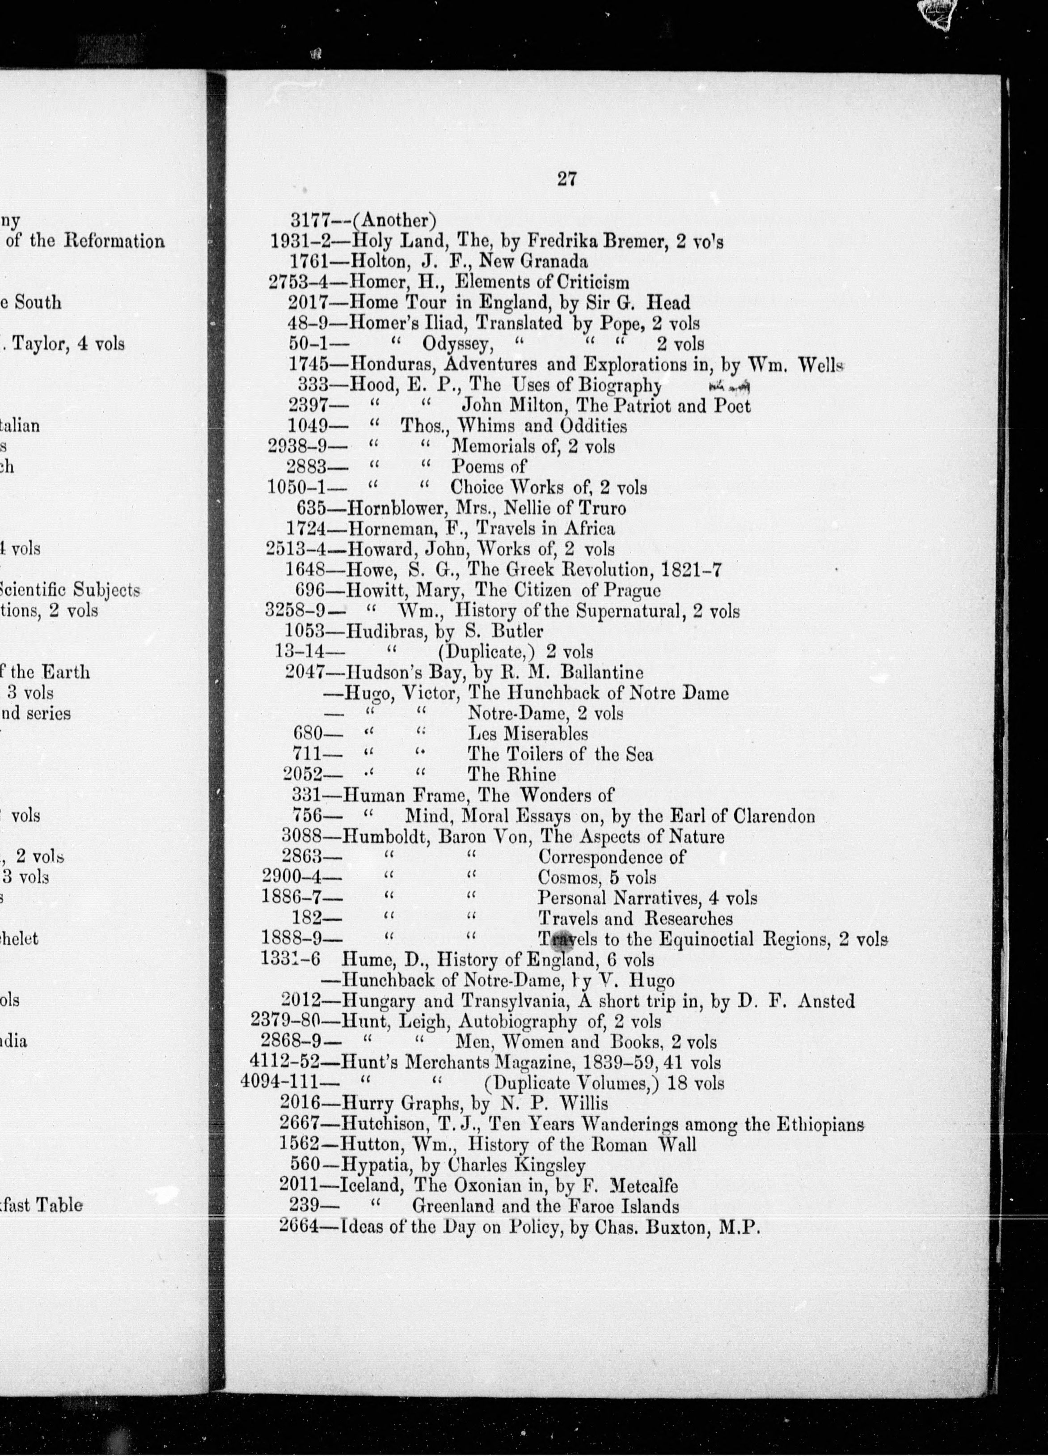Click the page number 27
tap(566, 179)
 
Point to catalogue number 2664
tap(299, 1226)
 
